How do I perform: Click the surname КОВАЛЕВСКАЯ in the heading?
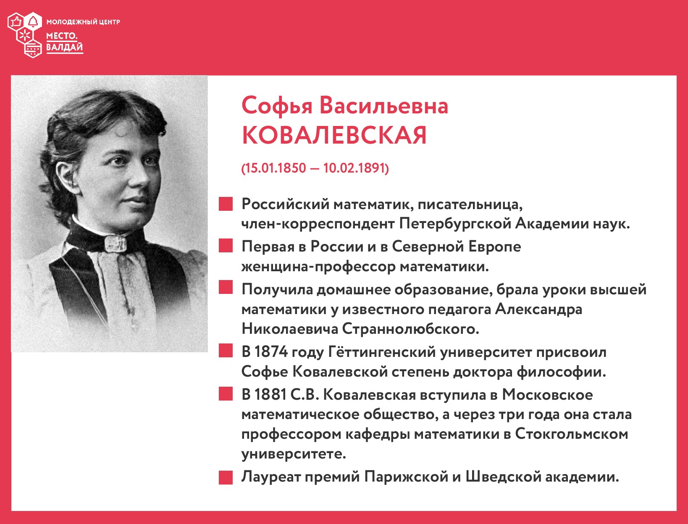point(334,135)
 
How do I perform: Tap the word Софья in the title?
point(277,106)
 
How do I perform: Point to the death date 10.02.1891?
point(355,168)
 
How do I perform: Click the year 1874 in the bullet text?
point(271,352)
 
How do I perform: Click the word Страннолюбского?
point(410,329)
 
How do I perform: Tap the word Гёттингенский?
point(382,352)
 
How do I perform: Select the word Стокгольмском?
point(571,434)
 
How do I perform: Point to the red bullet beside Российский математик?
point(226,204)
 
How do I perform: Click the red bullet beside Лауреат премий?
point(226,478)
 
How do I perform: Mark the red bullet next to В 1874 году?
point(226,351)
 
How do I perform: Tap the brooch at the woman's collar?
point(116,244)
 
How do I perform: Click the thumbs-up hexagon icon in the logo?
point(16,22)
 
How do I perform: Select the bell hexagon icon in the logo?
point(33,21)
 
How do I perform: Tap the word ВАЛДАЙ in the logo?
point(65,47)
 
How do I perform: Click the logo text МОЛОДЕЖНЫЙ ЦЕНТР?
point(84,22)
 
